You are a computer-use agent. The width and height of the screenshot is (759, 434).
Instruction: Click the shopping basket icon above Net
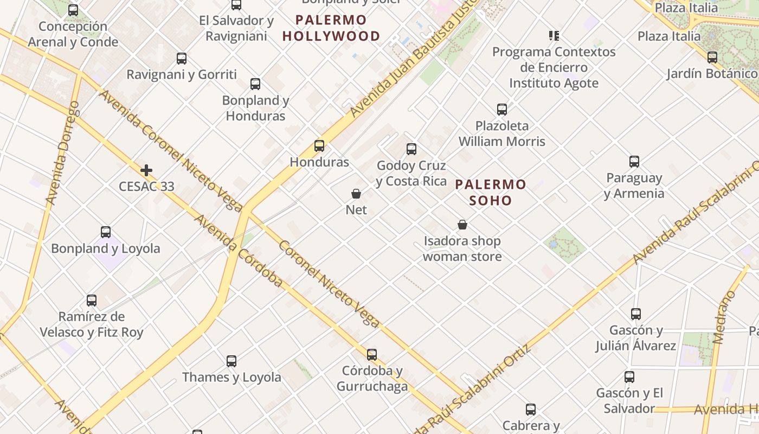click(356, 194)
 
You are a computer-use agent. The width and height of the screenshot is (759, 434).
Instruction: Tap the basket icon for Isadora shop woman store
click(462, 225)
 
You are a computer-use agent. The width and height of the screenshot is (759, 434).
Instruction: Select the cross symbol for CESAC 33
click(146, 170)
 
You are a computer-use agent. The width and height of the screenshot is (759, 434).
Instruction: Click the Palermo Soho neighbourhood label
click(491, 192)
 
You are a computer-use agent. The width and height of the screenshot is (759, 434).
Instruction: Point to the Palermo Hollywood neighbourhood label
click(331, 28)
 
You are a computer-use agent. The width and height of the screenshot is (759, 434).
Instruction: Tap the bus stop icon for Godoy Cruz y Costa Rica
click(411, 149)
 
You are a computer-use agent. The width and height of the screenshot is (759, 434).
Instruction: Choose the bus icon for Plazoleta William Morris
click(502, 110)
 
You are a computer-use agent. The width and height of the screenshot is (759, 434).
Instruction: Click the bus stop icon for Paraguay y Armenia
click(634, 162)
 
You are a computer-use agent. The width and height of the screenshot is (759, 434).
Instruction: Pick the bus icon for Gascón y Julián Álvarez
click(636, 314)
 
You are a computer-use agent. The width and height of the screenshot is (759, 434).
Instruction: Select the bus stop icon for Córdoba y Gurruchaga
click(372, 355)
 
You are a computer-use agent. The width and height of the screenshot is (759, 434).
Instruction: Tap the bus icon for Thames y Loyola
click(231, 361)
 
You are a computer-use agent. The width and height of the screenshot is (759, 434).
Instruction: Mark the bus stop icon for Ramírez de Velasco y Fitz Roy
click(92, 301)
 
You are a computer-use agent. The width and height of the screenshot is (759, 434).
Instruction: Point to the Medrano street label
click(725, 317)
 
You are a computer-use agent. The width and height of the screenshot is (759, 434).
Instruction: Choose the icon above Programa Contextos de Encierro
click(554, 36)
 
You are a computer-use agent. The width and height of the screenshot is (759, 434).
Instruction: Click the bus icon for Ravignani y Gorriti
click(182, 59)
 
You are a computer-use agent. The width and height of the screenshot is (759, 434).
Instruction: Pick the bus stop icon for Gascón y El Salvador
click(629, 377)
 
